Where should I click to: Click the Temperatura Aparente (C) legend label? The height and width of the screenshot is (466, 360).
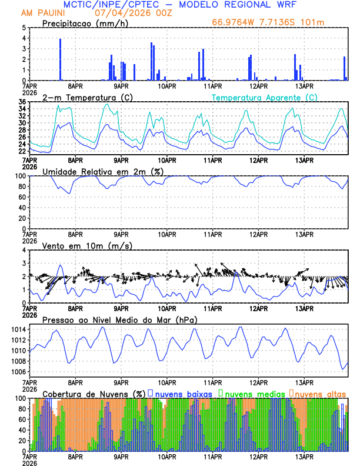pyautogui.click(x=265, y=97)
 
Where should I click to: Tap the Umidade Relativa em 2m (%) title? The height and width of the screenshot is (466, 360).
pyautogui.click(x=102, y=171)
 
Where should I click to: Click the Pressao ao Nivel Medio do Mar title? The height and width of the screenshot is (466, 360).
pyautogui.click(x=119, y=319)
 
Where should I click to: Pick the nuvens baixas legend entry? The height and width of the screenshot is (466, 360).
pyautogui.click(x=180, y=393)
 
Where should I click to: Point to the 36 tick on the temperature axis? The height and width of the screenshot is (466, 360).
pyautogui.click(x=22, y=102)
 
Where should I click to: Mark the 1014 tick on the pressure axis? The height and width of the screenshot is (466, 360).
pyautogui.click(x=19, y=340)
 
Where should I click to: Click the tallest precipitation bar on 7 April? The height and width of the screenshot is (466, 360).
pyautogui.click(x=60, y=59)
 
